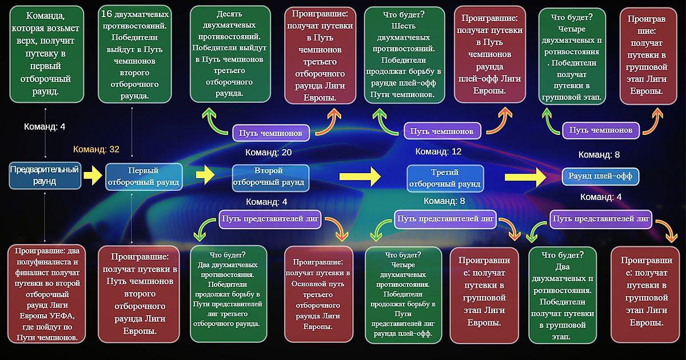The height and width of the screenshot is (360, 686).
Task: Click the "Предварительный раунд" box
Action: [44, 175]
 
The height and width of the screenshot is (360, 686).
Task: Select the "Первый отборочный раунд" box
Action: [144, 177]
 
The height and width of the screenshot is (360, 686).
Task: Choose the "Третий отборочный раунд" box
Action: [445, 178]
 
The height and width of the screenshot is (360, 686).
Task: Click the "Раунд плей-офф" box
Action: [600, 176]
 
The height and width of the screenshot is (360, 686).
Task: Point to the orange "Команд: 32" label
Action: [96, 149]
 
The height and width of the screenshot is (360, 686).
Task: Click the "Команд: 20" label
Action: [269, 153]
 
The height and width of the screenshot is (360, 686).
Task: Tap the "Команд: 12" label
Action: [438, 151]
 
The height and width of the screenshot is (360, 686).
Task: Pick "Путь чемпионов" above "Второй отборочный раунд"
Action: [272, 133]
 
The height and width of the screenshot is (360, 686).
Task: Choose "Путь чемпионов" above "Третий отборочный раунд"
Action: [442, 131]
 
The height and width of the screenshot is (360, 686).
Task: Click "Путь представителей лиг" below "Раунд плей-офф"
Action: [601, 218]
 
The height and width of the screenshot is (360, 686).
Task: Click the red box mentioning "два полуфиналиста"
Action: [47, 294]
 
